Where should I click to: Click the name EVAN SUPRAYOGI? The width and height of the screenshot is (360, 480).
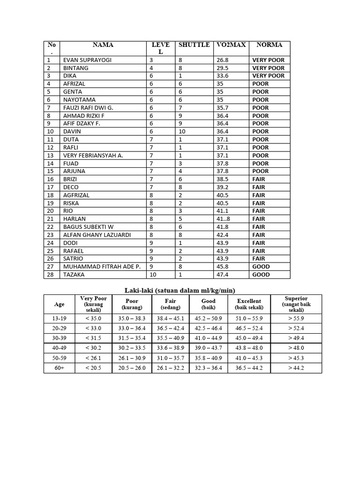[x=88, y=60]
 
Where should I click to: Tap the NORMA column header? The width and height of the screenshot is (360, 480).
[x=269, y=45]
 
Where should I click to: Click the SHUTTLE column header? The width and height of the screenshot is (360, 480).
[x=194, y=45]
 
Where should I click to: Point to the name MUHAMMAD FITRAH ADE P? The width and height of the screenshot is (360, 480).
[x=102, y=267]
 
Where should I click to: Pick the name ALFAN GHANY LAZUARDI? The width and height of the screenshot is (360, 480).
[x=97, y=235]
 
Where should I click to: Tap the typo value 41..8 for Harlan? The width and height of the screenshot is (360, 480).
[x=224, y=219]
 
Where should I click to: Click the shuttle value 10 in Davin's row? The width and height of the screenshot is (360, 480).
[x=182, y=132]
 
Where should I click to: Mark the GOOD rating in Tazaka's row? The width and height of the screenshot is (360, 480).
[x=261, y=275]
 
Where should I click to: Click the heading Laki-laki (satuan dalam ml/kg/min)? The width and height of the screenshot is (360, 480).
[x=180, y=290]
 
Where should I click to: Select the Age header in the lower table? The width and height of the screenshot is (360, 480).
[x=60, y=304]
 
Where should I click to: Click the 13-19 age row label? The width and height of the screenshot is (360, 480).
[x=60, y=319]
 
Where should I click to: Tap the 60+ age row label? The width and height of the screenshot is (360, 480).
[x=60, y=368]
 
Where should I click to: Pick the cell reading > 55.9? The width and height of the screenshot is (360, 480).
[x=296, y=319]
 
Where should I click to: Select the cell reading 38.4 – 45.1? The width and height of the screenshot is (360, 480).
[x=171, y=319]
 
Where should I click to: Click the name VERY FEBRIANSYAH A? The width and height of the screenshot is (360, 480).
[x=93, y=156]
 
